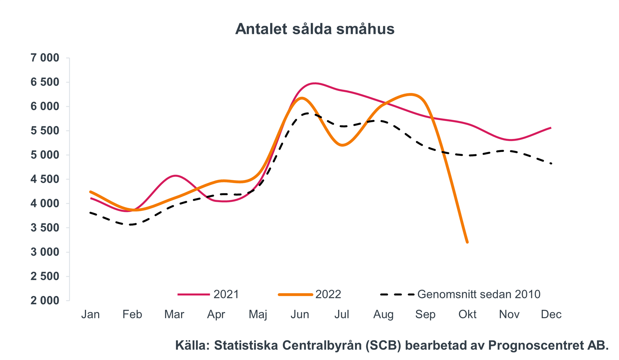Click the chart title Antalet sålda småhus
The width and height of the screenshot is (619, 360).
tap(314, 29)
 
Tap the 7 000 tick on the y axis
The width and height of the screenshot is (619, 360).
tap(45, 58)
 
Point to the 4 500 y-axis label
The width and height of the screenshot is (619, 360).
tap(45, 179)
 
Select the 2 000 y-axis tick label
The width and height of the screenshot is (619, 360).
tap(45, 300)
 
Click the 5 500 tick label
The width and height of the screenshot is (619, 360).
tap(45, 131)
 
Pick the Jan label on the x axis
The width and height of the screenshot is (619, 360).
tap(90, 314)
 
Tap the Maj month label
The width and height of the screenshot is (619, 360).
tap(258, 314)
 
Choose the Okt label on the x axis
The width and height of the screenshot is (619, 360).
tap(467, 314)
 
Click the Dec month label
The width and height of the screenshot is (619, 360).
tap(551, 314)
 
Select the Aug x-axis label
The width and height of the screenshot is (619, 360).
tap(383, 314)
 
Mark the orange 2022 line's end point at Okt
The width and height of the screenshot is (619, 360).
tap(467, 242)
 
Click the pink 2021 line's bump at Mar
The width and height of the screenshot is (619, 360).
tap(175, 176)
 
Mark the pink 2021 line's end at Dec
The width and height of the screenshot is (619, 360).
tap(551, 128)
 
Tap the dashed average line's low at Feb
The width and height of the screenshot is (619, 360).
tap(132, 224)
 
